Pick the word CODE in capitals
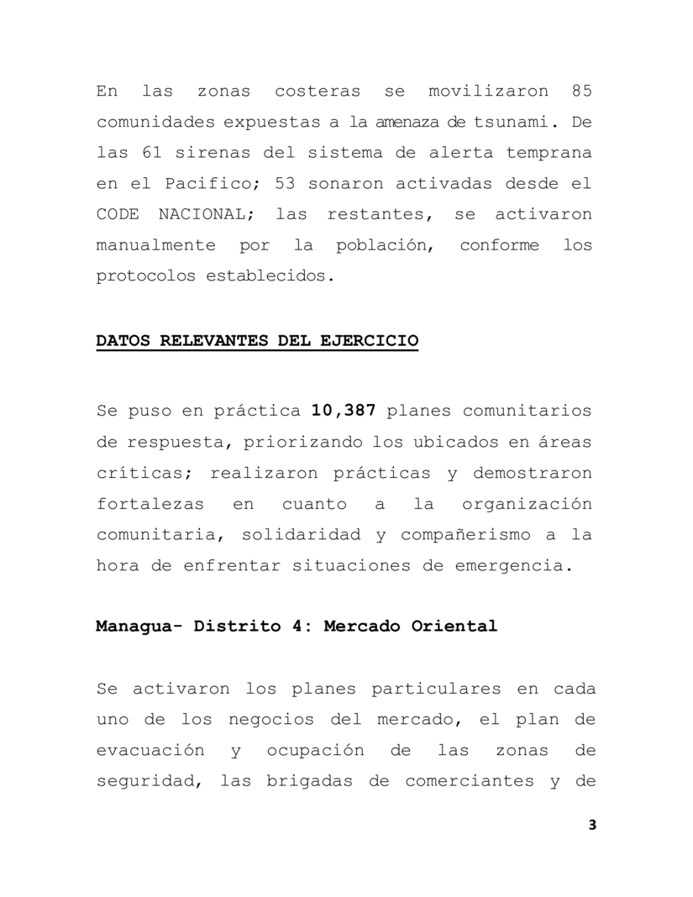tap(117, 215)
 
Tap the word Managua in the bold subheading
tap(131, 627)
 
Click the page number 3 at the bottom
tap(592, 826)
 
